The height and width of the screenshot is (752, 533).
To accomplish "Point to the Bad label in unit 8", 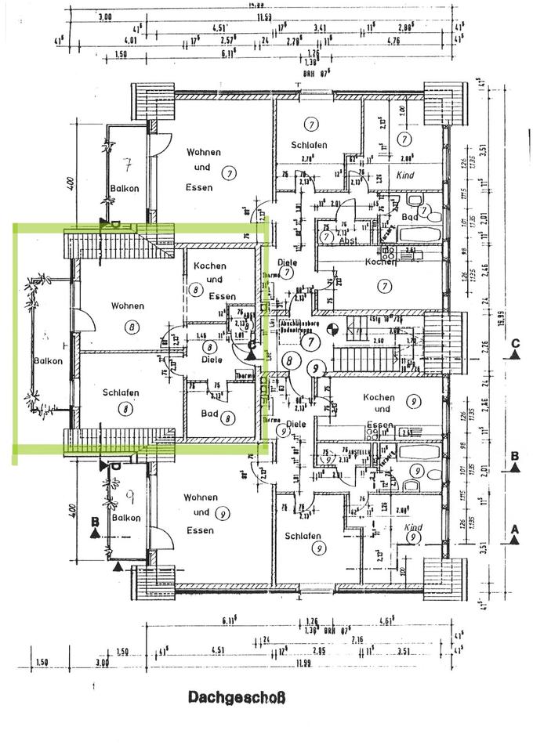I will (209, 414).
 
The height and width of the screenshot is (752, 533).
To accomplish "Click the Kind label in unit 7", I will (404, 175).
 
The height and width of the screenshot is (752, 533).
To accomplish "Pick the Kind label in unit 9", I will (413, 528).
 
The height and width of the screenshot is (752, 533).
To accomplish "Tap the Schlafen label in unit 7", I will (309, 145).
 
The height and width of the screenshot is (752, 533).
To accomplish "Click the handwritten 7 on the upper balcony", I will (128, 164).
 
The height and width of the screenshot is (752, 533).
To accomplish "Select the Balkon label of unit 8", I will (47, 361).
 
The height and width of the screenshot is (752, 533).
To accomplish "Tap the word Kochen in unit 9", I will (379, 398).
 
